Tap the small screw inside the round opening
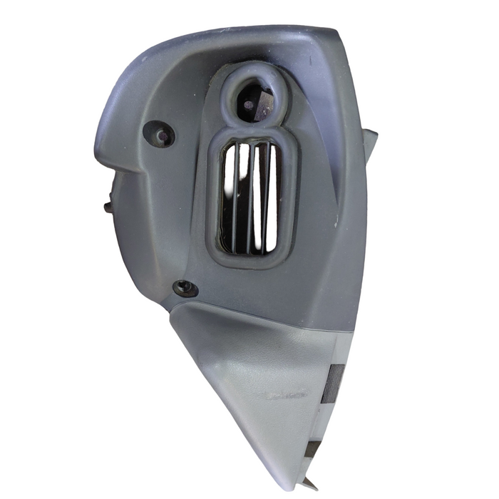tap(248, 105)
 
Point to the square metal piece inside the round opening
tap(264, 104)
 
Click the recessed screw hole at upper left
tap(159, 134)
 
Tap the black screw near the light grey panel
tap(186, 288)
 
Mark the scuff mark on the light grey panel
tap(285, 394)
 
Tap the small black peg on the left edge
tap(108, 207)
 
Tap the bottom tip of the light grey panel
tap(299, 478)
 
